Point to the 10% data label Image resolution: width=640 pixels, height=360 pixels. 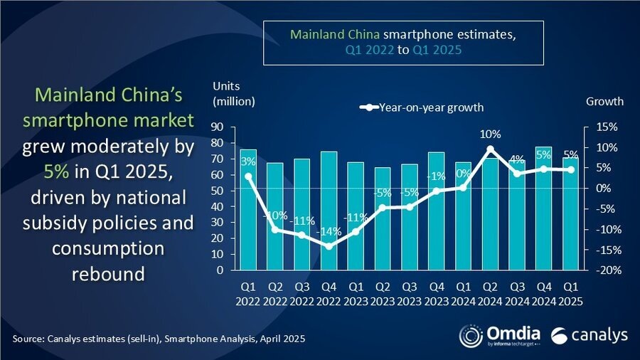(x=491, y=134)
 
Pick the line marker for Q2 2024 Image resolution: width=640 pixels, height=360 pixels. (x=490, y=149)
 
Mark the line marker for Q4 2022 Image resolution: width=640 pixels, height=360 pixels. (x=329, y=246)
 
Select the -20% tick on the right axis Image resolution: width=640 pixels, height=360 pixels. (x=597, y=270)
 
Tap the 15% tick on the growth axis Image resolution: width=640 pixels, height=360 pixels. (x=597, y=127)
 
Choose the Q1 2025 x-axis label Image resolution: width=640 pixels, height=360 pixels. (x=570, y=293)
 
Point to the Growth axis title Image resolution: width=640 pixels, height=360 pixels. (x=604, y=101)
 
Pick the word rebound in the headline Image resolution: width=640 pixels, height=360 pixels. (x=107, y=272)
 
